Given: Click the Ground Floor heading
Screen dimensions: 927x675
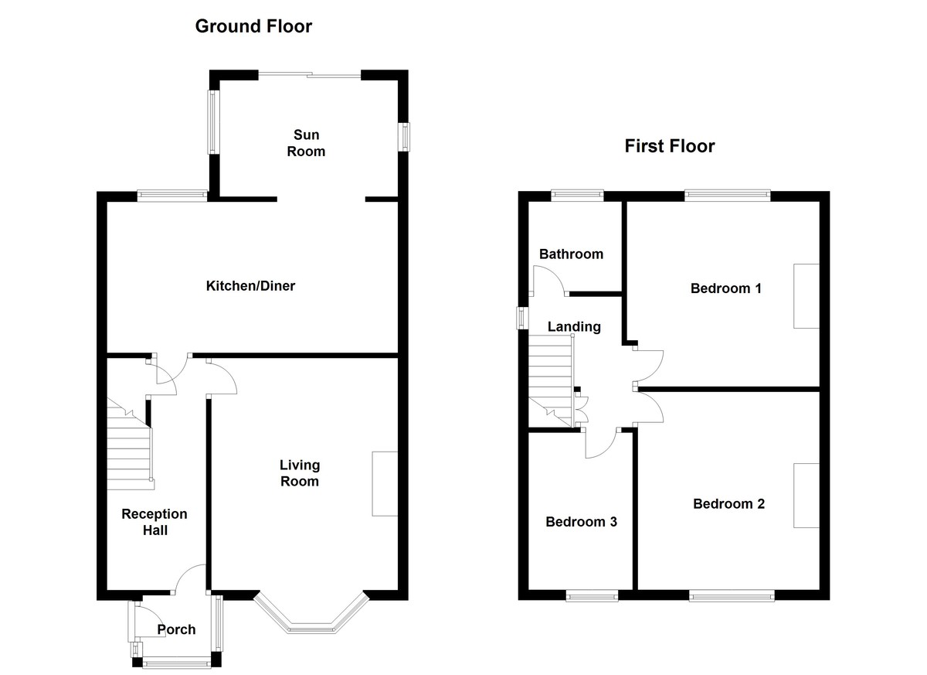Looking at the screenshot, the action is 253,26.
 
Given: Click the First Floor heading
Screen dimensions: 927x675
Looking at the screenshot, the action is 670,146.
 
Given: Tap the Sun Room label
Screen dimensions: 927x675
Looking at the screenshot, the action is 306,143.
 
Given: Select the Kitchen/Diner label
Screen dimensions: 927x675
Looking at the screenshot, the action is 250,286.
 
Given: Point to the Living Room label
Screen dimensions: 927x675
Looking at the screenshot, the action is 299,472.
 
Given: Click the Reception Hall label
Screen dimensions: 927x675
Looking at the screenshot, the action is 154,522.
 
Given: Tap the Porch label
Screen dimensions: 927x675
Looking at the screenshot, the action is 176,629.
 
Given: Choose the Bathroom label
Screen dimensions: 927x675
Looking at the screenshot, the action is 571,254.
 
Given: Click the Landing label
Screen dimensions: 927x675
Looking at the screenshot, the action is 574,326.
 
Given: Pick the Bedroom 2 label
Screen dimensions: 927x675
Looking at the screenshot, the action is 728,504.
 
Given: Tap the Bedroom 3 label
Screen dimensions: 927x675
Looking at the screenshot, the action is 581,522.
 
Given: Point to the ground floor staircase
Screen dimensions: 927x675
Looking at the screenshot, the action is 129,452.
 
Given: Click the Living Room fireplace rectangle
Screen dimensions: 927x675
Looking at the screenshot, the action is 384,484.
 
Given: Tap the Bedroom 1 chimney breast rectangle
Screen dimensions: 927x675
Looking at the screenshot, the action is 806,296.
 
